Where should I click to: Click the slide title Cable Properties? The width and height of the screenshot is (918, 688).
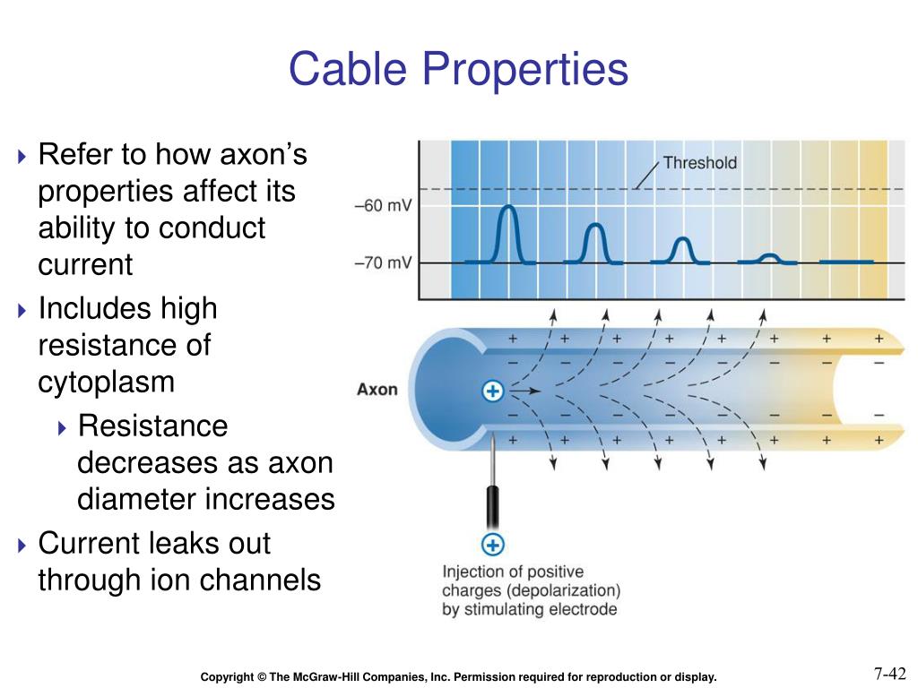458,70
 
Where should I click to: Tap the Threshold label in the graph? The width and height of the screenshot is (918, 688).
699,162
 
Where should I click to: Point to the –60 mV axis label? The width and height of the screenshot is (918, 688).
383,205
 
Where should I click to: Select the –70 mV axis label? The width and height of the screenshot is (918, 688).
383,262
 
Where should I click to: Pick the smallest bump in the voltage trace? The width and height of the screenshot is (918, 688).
767,258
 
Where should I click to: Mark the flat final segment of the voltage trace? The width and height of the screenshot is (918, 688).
847,262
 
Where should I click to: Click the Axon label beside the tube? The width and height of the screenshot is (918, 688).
377,390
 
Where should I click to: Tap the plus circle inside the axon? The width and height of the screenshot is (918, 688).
493,391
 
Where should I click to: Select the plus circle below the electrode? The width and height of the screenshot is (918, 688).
493,544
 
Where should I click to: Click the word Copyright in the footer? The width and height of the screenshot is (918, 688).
228,677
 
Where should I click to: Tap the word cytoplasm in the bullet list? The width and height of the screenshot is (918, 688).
106,383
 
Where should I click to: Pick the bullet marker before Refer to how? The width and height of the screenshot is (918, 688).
23,157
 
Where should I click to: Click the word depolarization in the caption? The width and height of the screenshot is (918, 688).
570,590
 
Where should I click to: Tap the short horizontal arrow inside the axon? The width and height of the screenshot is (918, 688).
525,391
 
